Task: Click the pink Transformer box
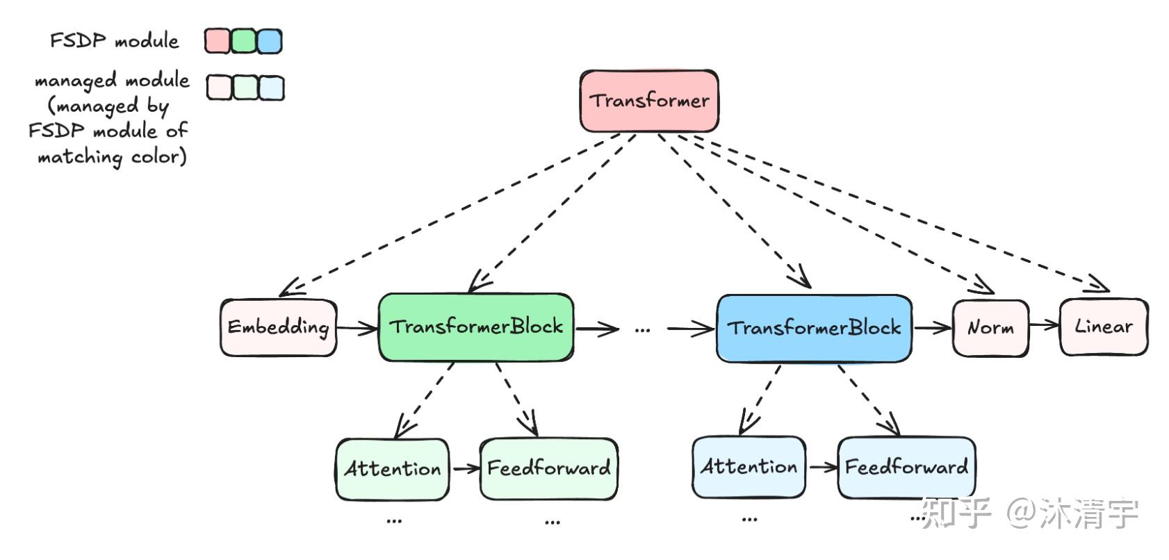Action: coord(649,101)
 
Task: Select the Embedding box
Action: coord(278,327)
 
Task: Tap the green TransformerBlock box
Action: coord(476,327)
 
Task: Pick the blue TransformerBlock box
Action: coord(814,328)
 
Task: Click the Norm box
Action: coord(990,328)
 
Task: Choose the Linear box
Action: coord(1103,327)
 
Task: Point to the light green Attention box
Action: coord(393,469)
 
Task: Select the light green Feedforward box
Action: coord(548,468)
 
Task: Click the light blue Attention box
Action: coord(749,467)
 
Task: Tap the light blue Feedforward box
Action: coord(906,467)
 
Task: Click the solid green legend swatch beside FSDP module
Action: coord(243,41)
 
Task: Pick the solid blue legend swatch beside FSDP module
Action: coord(270,41)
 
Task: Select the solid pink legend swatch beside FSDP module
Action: coord(217,41)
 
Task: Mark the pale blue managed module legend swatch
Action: coord(271,88)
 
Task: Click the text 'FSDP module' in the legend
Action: coord(115,41)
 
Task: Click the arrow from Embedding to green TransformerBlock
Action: coord(357,328)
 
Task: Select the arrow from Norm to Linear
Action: coord(1044,325)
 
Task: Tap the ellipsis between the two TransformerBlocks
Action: coord(642,329)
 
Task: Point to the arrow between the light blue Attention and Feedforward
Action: coord(822,467)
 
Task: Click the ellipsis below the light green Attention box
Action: coord(393,520)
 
